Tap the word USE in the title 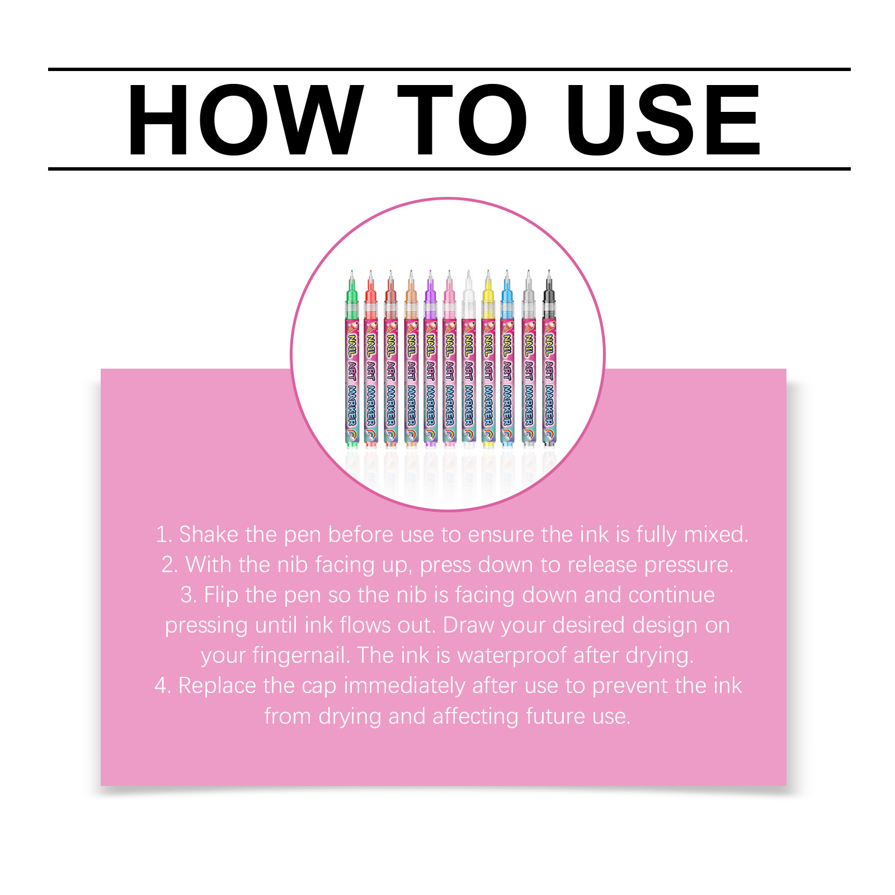point(663,120)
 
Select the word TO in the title point(463,120)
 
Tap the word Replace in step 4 point(217,686)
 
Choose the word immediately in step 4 point(404,686)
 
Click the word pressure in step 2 point(689,565)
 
